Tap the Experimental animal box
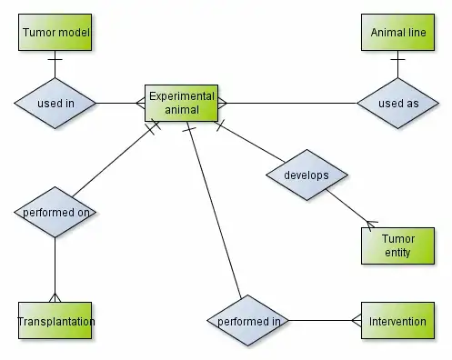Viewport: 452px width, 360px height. [x=181, y=103]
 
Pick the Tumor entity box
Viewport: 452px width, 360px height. [x=397, y=245]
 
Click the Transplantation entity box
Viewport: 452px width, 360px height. [x=55, y=321]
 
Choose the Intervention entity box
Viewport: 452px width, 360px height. [x=397, y=321]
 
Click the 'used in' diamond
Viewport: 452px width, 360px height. [x=55, y=103]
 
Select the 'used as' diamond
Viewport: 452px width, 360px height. [x=397, y=103]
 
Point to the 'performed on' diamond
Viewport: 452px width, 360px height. [x=55, y=212]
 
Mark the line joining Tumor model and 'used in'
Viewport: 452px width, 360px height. [x=55, y=65]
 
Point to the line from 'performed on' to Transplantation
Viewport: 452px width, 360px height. [x=55, y=268]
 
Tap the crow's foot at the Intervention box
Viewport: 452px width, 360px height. [x=356, y=321]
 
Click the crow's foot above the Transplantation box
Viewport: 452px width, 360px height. [x=55, y=297]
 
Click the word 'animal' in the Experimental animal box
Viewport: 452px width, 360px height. [x=181, y=110]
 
